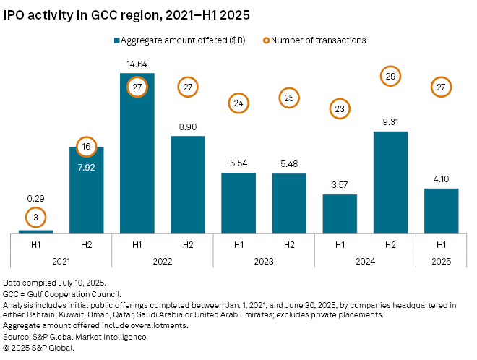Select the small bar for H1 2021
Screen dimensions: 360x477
[35, 231]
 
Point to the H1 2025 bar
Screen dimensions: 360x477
[441, 210]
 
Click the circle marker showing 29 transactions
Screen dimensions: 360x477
[390, 75]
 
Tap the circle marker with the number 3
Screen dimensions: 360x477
[35, 216]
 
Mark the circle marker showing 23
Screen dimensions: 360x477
[340, 109]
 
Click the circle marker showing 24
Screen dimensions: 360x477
[238, 103]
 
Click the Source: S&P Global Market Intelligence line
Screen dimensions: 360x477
[79, 337]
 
